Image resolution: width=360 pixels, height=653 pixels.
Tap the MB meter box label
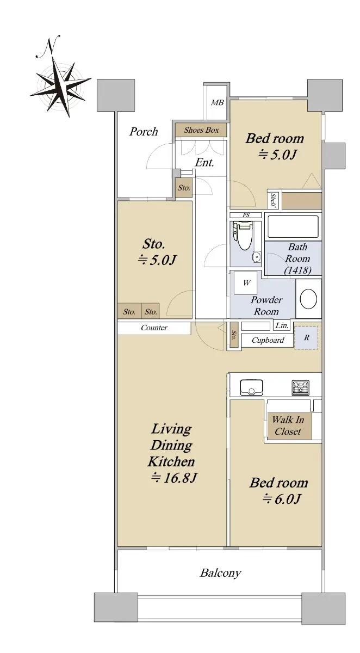tap(218, 103)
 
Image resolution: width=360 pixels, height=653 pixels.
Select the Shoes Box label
tap(201, 130)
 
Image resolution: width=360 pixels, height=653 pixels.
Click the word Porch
tap(144, 132)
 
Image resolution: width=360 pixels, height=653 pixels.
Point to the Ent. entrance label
tap(204, 162)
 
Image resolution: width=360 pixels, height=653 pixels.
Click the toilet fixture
tap(243, 236)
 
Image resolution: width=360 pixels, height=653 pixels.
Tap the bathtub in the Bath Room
tap(293, 226)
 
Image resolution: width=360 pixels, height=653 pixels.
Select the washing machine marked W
tap(246, 282)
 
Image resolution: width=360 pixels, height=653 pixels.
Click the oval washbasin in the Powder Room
tap(308, 299)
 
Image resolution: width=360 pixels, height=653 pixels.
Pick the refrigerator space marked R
tap(306, 337)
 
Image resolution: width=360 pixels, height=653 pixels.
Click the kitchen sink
tap(251, 387)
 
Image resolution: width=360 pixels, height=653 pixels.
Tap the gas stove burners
tap(300, 387)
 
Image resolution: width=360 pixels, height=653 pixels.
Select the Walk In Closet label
tap(288, 426)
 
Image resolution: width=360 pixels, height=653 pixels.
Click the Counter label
tap(154, 328)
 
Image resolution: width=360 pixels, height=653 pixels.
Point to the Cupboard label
tap(268, 340)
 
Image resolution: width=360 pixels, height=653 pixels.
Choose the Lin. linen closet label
tap(282, 325)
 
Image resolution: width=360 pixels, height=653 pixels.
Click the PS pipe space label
tap(246, 215)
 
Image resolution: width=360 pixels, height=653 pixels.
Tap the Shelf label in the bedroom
tap(273, 200)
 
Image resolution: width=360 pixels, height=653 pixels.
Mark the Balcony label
tap(220, 573)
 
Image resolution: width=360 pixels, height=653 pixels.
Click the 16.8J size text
tap(174, 478)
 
